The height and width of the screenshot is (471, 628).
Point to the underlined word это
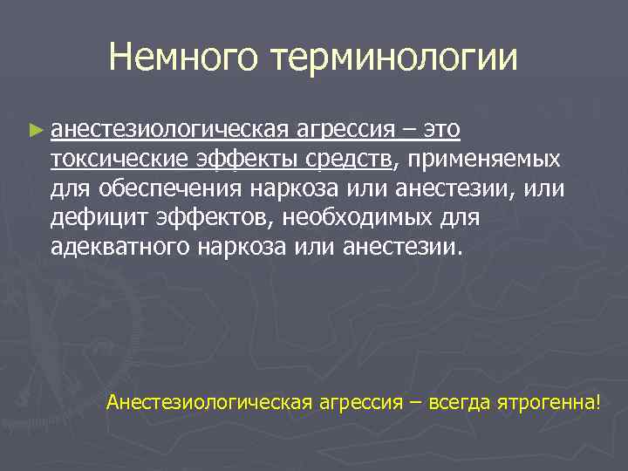coord(441,130)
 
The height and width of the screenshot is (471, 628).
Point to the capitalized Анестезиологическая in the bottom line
coord(209,402)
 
